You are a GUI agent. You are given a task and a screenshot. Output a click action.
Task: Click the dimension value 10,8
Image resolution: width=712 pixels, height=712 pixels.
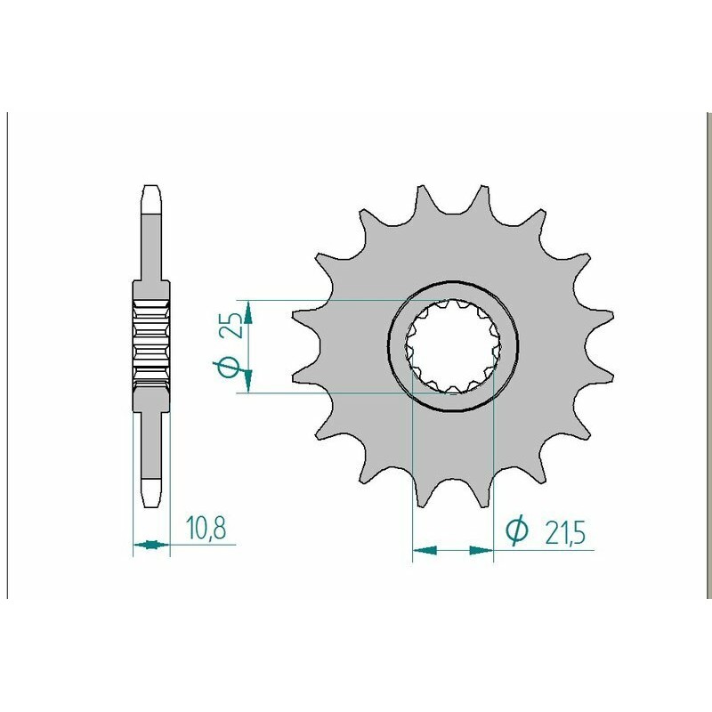pyautogui.click(x=206, y=529)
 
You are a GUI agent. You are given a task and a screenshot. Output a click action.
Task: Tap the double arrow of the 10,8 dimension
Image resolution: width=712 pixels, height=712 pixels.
pyautogui.click(x=150, y=543)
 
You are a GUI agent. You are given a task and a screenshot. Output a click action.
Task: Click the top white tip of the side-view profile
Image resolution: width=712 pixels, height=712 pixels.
pyautogui.click(x=150, y=200)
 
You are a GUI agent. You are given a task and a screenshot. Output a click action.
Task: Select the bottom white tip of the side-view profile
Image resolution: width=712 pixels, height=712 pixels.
pyautogui.click(x=150, y=490)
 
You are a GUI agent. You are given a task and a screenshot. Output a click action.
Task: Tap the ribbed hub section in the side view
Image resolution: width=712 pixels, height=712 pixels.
pyautogui.click(x=150, y=343)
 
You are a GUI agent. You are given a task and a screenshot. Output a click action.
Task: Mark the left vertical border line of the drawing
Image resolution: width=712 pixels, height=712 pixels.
pyautogui.click(x=8, y=356)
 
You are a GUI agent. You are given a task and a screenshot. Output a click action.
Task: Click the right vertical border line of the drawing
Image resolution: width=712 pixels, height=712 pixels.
pyautogui.click(x=704, y=356)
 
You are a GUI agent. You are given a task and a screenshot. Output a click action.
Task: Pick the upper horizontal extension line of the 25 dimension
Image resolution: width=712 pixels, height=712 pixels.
pyautogui.click(x=338, y=300)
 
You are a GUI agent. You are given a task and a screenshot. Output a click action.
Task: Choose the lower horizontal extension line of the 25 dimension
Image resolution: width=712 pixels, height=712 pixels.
pyautogui.click(x=338, y=392)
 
